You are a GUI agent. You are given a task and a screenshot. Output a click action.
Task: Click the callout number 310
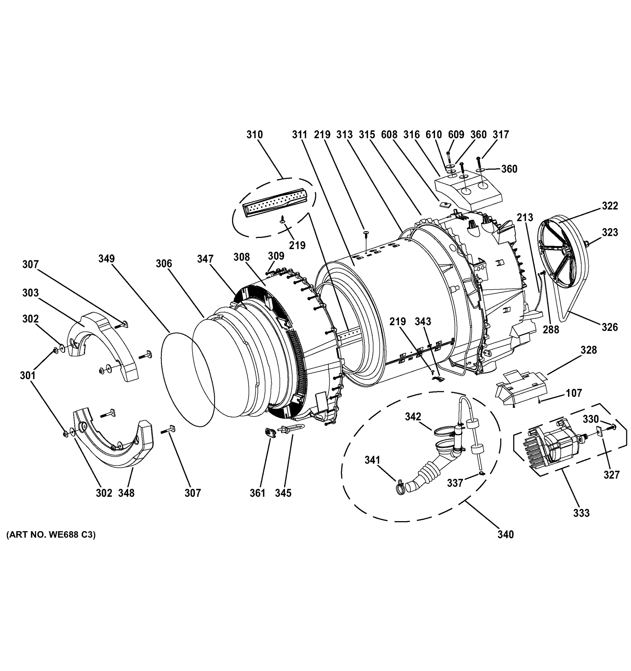pos(254,135)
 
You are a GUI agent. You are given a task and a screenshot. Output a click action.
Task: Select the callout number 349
pos(106,259)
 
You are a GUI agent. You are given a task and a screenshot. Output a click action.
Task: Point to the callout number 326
pos(609,327)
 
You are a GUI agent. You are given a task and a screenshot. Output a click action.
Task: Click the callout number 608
pos(389,135)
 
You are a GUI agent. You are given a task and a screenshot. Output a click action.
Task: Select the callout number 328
pos(588,350)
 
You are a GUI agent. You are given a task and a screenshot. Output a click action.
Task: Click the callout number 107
pos(574,393)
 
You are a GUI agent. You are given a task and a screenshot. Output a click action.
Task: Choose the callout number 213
pos(525,217)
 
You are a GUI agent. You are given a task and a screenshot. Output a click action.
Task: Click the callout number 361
pos(257,493)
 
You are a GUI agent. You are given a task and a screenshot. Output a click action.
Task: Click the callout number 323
pos(610,232)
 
